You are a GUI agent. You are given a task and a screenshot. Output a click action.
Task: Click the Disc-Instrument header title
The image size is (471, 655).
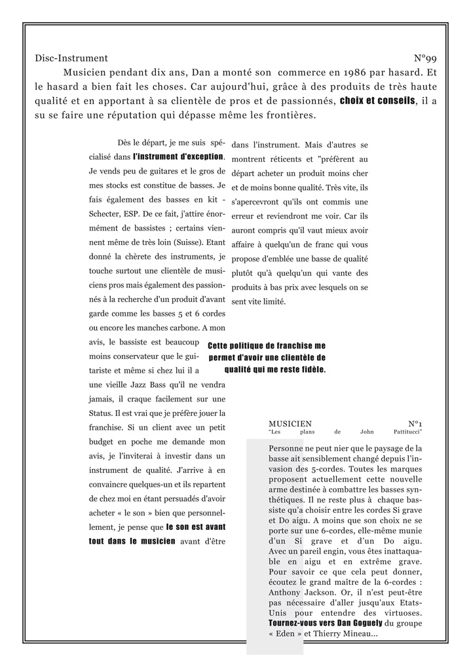point(71,58)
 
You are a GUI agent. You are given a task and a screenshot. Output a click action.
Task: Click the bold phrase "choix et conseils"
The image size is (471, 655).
point(377,102)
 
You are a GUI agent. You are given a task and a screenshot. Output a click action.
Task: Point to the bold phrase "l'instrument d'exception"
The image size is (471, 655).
point(178,157)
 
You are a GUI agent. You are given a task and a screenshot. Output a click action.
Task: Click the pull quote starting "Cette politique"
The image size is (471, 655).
point(267,358)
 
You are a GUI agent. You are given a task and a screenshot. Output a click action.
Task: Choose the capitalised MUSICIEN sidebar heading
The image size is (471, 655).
point(290,424)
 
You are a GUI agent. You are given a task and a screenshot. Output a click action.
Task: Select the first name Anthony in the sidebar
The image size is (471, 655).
point(288,592)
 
